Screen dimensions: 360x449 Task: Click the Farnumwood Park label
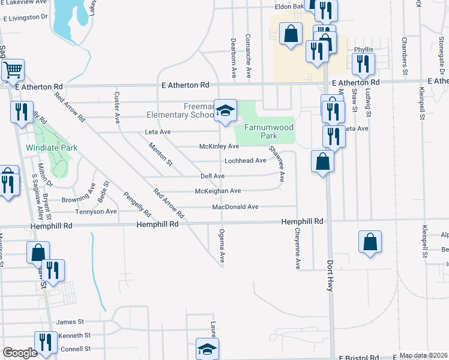point(268,131)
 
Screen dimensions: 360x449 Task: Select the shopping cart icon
point(12,70)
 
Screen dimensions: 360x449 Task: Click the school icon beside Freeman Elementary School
point(225,110)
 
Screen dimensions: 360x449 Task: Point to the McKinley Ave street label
point(219,146)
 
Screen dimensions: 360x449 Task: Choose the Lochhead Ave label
point(245,161)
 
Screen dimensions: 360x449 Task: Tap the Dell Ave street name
point(212,176)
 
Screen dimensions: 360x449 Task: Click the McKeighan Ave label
point(218,191)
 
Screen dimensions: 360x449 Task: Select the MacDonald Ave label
point(235,207)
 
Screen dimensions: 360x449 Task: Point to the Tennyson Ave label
point(96,212)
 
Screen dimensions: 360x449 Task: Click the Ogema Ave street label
point(222,247)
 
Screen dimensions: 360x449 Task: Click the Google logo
point(20,353)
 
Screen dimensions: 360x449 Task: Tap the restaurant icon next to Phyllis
point(363,64)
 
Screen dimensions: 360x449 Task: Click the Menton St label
point(161,154)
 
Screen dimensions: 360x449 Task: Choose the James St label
point(70,322)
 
